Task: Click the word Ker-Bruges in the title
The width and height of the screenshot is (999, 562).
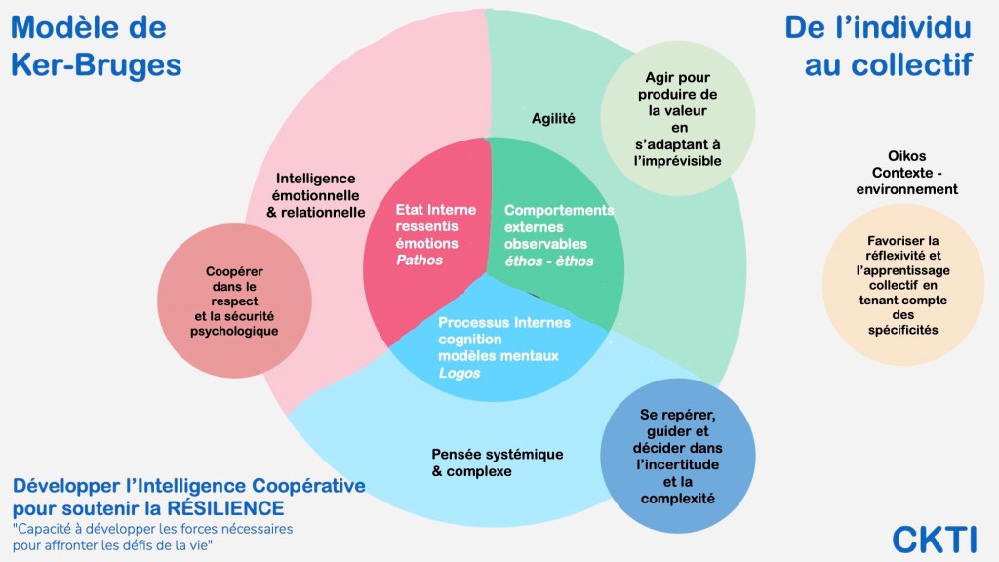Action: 96,65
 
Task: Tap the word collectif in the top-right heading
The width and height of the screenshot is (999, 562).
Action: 915,65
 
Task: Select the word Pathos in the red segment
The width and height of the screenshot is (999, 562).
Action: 420,261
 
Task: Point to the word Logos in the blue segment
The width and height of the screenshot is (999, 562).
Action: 459,373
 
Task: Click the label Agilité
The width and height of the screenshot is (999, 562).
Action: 553,119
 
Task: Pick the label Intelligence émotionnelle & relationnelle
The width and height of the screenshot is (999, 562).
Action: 315,195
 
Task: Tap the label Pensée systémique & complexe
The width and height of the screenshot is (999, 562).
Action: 485,462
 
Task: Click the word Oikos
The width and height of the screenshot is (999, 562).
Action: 906,156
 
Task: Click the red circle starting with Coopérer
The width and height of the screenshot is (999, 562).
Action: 234,301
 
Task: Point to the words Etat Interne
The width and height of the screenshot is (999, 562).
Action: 435,210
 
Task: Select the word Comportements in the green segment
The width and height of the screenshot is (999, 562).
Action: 559,210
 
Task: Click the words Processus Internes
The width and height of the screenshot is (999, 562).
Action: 504,322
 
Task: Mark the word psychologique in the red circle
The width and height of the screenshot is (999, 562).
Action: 234,331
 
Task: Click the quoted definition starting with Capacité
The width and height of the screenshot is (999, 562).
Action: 153,536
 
